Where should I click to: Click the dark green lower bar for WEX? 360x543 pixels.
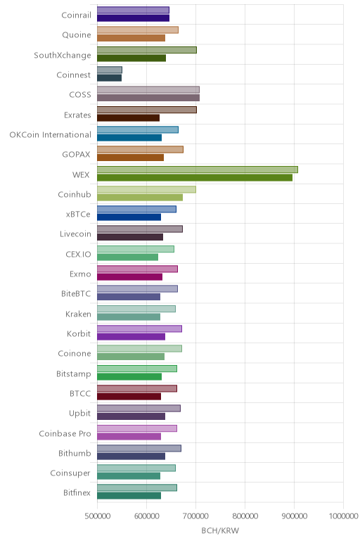[195, 178]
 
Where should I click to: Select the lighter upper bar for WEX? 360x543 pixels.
[198, 170]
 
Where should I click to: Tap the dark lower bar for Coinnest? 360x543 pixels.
[109, 78]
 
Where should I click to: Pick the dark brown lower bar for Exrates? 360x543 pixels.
[128, 117]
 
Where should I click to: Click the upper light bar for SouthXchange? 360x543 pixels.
[147, 50]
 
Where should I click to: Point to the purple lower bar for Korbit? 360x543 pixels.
[131, 337]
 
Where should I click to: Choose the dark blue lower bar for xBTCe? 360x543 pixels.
[129, 217]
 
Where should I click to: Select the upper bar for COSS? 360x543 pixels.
[148, 90]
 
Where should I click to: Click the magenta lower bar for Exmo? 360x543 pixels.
[129, 277]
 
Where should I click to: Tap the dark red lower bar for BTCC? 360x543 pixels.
[129, 397]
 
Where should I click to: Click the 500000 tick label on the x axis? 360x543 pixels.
[97, 516]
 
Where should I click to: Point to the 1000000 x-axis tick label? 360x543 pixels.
[343, 516]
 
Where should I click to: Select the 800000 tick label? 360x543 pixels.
[245, 516]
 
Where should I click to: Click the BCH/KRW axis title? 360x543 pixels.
[220, 530]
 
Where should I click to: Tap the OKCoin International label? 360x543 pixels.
[50, 135]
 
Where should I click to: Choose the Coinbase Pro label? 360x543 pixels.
[65, 433]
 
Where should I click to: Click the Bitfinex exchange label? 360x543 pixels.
[77, 493]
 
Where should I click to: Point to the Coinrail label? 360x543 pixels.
[76, 15]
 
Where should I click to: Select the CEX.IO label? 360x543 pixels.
[78, 254]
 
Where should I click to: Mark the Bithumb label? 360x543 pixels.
[75, 453]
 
